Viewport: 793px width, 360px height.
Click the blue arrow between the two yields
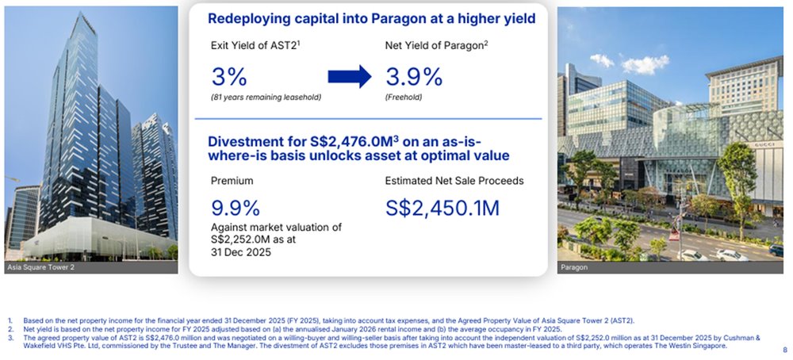(x=350, y=76)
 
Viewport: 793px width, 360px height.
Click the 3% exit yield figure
(x=229, y=77)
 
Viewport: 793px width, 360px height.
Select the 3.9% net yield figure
(x=413, y=77)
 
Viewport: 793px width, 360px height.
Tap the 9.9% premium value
(x=236, y=208)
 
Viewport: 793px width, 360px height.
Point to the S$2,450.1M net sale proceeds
(x=442, y=208)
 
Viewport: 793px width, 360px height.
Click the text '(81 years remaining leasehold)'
(x=265, y=98)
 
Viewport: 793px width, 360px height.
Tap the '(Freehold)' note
(x=404, y=98)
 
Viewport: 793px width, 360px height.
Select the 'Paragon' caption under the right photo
(x=574, y=268)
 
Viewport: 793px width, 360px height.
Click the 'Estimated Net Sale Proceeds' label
(x=454, y=181)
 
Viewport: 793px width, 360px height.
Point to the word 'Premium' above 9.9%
(x=232, y=181)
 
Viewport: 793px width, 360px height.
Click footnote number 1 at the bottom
(x=10, y=320)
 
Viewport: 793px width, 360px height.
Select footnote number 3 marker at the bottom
(x=10, y=337)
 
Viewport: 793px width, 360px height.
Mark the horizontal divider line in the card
(x=368, y=119)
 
